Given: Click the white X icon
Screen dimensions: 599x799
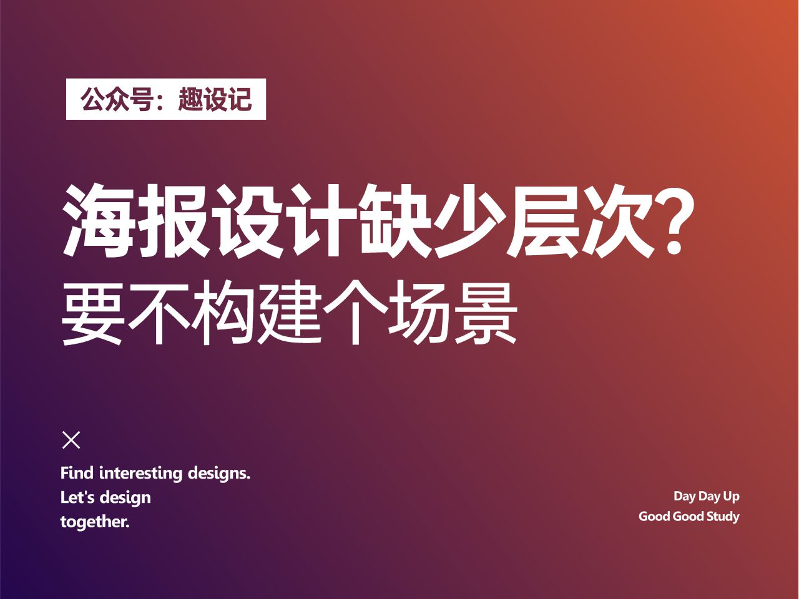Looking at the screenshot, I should coord(72,440).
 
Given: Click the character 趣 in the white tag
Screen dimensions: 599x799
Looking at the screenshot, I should coord(190,99).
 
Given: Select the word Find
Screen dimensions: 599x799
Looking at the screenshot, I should coord(77,473).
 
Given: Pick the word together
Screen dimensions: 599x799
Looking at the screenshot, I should coord(95,522).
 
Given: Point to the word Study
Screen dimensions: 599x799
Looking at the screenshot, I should coord(723,517).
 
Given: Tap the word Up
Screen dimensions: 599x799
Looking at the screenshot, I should coord(731,497).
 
